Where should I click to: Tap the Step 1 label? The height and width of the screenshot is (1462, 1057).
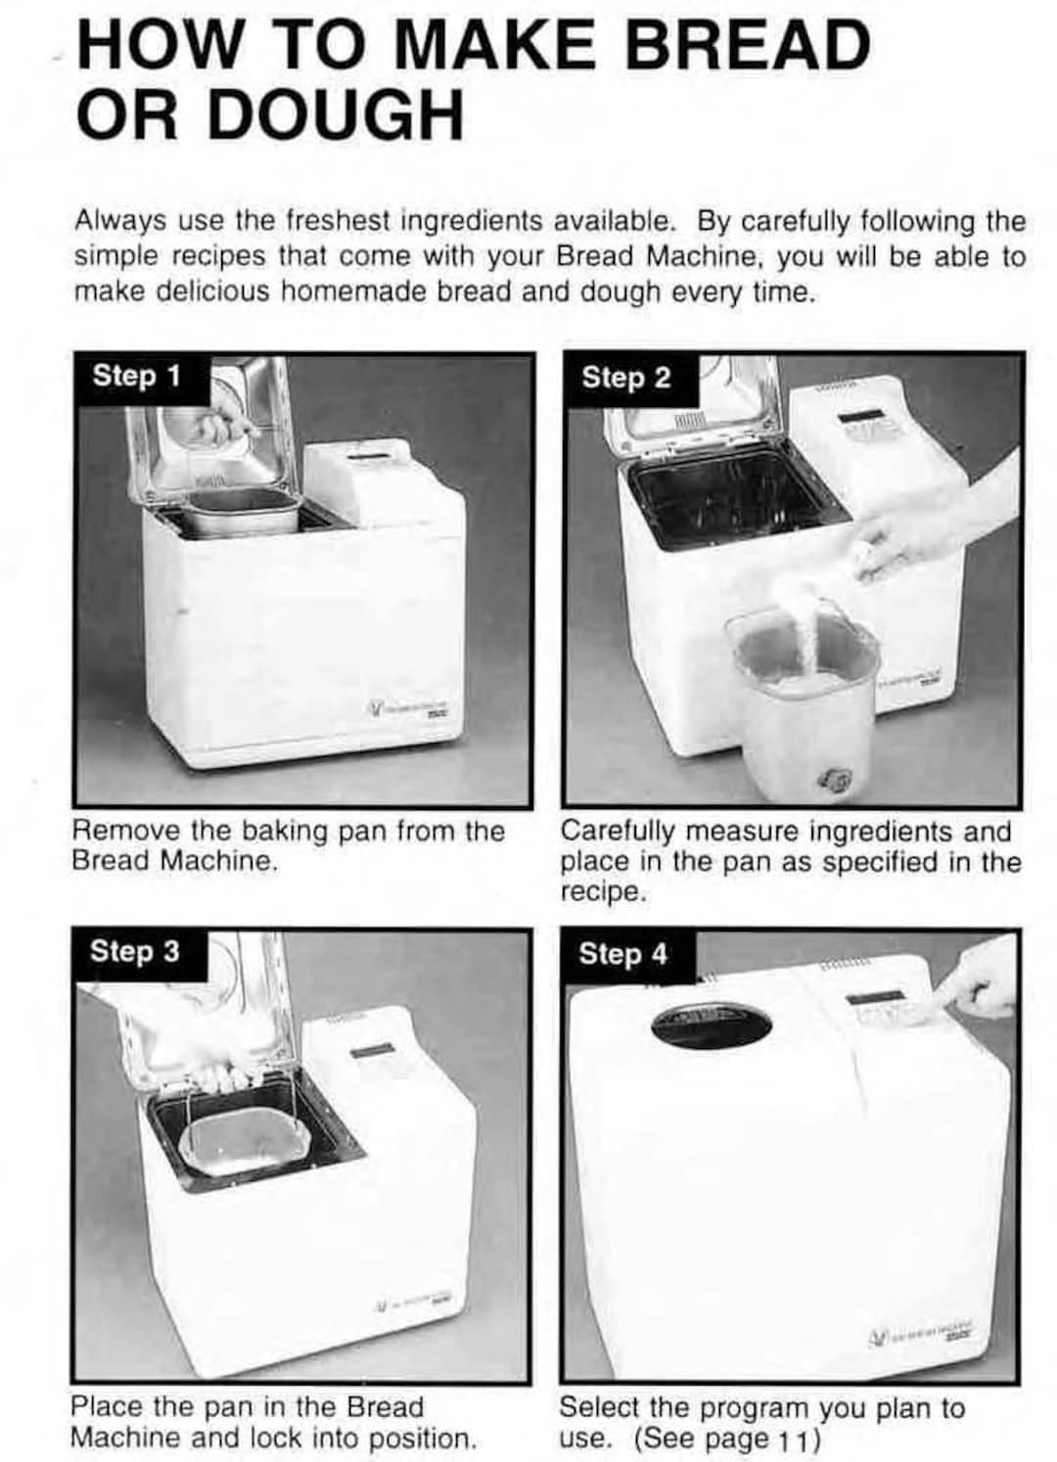136,377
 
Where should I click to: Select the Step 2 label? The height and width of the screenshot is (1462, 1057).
626,378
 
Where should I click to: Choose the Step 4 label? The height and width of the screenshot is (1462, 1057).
623,954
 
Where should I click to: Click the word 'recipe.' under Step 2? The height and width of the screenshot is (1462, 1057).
603,892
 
